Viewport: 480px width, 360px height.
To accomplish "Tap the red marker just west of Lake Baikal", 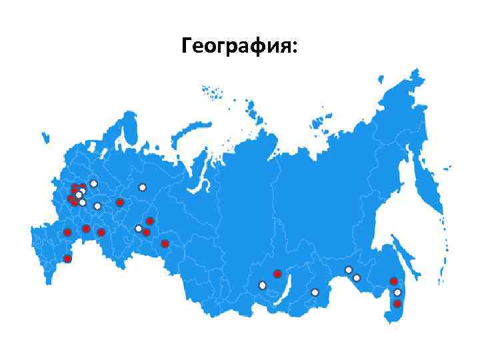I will click(x=277, y=274).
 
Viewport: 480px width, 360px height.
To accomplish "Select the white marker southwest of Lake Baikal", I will click(x=262, y=285).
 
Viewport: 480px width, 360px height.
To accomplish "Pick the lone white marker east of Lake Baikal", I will click(x=315, y=292).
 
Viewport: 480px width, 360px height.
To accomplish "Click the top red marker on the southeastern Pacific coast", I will click(x=394, y=281).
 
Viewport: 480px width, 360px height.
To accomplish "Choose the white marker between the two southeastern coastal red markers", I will click(x=397, y=292).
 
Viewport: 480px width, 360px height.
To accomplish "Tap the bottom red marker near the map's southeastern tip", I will click(x=397, y=304).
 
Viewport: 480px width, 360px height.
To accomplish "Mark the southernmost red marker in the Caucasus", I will click(x=67, y=258).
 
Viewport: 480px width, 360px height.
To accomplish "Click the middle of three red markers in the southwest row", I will click(x=86, y=229).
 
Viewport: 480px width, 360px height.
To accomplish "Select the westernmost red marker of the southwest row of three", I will click(x=67, y=232).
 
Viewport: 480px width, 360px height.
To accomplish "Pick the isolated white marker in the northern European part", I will click(x=142, y=187).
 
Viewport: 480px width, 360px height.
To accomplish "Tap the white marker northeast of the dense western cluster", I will click(x=94, y=183).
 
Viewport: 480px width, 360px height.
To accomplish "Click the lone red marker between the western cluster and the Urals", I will click(x=119, y=202).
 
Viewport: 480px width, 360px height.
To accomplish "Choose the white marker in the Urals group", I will click(x=139, y=229).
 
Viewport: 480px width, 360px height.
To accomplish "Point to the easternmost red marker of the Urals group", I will click(x=165, y=243).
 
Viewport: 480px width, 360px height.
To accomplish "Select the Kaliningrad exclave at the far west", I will click(x=45, y=138).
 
